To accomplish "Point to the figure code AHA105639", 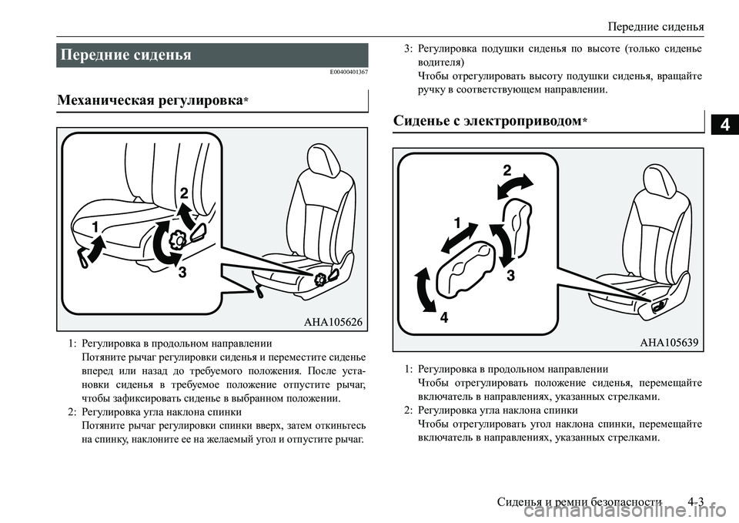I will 668,343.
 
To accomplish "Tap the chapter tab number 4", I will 724,123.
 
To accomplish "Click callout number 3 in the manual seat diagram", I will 182,272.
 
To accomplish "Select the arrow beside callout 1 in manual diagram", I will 92,250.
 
